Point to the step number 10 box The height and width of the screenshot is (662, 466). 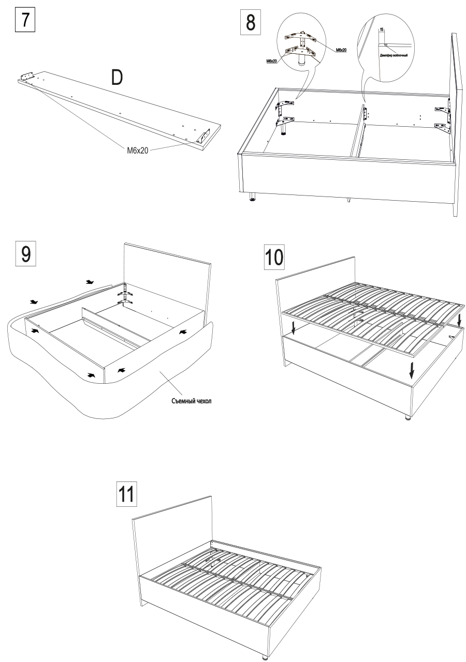click(274, 257)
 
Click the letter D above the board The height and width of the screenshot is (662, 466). click(117, 78)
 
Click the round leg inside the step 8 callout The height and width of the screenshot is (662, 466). click(300, 60)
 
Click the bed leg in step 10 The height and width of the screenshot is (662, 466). click(407, 417)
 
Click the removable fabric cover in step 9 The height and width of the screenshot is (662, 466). click(129, 393)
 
